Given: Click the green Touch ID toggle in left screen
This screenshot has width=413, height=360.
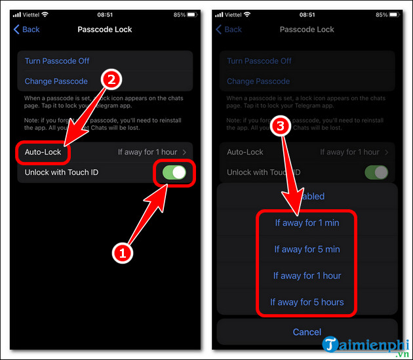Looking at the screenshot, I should coord(174,172).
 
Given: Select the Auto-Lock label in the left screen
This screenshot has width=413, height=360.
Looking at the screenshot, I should coord(43,151).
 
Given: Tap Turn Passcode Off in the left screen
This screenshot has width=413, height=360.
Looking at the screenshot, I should coord(57,61).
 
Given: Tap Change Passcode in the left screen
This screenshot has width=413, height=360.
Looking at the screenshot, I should coord(56,81).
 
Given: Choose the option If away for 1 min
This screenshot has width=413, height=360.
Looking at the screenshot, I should coord(307,223).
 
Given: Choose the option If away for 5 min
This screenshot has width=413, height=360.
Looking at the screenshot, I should coord(307,249).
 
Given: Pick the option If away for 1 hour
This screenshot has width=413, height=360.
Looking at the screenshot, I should coord(307,275).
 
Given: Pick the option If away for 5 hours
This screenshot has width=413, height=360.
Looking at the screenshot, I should coord(307,302).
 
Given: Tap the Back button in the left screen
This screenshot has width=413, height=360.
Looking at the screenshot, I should coord(27,29).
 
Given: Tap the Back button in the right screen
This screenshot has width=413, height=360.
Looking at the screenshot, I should coord(229,29).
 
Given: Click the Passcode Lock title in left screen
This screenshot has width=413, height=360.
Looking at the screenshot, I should coord(105,29).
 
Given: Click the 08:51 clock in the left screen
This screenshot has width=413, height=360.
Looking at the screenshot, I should coord(106,14).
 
